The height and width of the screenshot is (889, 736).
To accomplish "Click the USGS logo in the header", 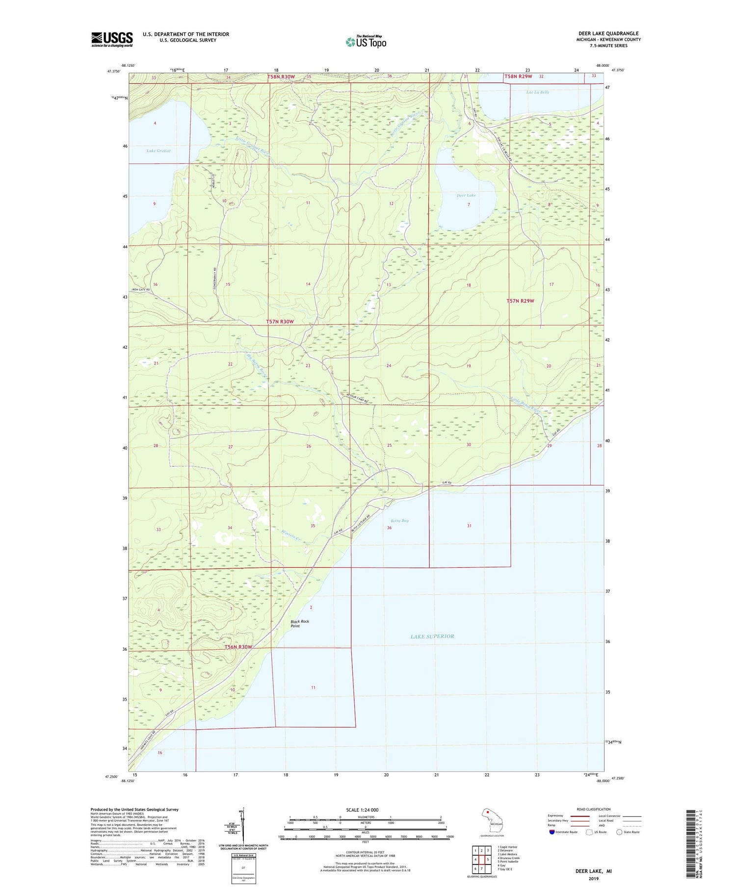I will click(112, 39).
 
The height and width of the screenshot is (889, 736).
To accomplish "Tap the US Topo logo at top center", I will click(366, 42).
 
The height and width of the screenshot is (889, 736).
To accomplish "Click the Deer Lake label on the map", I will click(466, 195).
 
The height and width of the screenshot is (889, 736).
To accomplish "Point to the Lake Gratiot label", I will click(158, 151).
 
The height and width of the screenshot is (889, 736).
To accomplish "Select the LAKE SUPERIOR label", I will click(432, 636).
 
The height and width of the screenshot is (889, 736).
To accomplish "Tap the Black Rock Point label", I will click(299, 624).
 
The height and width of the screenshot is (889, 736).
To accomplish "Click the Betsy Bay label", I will click(399, 521).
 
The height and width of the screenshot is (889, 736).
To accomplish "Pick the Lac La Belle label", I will click(538, 92).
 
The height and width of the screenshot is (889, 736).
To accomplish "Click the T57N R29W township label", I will click(520, 301).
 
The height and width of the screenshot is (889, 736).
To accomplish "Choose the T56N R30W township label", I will click(238, 647).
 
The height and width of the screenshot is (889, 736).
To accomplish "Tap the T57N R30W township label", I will click(280, 321).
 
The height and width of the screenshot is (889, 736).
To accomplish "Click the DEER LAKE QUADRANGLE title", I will click(608, 33).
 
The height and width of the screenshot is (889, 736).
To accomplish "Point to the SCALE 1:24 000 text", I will click(365, 810).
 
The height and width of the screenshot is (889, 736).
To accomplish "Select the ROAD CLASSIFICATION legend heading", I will click(594, 809).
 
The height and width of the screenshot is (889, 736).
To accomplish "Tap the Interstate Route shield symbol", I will click(552, 832).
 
